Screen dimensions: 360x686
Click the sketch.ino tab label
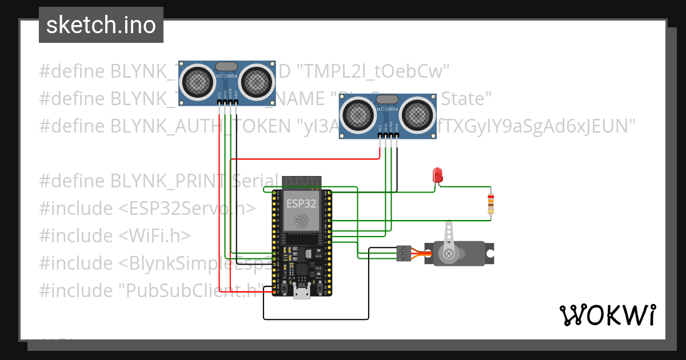tap(101, 25)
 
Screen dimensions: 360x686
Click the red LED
tap(437, 175)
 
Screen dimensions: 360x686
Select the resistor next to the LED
tap(490, 204)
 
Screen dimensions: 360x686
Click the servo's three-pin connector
tap(404, 253)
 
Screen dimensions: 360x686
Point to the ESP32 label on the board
tap(301, 202)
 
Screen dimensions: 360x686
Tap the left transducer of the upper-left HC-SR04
tap(198, 82)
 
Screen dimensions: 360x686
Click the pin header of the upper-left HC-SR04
tap(228, 103)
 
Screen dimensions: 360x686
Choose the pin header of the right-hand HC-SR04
tap(388, 135)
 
